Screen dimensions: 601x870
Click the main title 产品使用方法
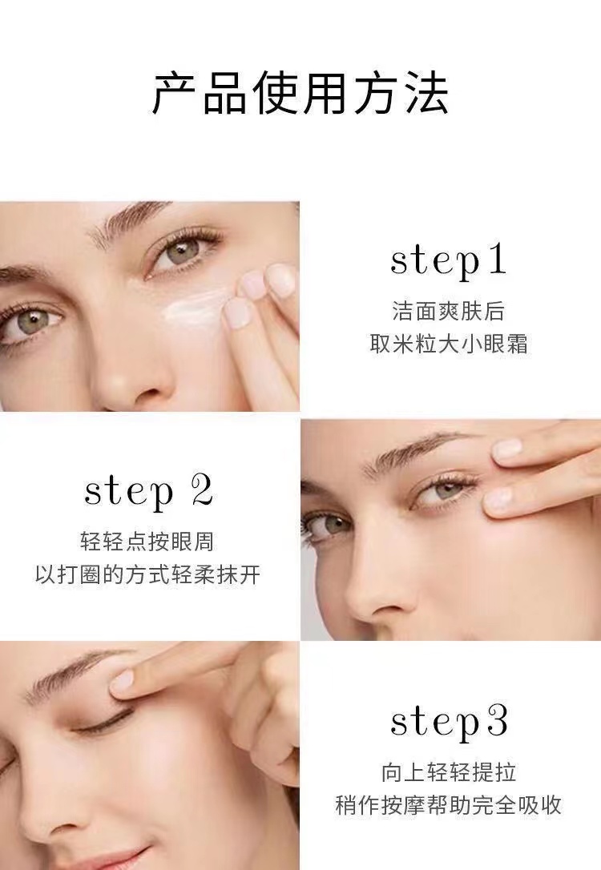coord(300,93)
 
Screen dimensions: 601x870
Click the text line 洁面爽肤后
coord(449,311)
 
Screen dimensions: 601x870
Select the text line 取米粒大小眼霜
coord(449,344)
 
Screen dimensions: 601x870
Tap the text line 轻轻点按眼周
coord(147,542)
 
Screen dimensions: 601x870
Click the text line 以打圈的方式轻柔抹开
coord(147,575)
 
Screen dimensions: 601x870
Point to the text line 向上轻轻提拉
coord(449,772)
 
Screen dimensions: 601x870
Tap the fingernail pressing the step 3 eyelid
coord(122,683)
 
